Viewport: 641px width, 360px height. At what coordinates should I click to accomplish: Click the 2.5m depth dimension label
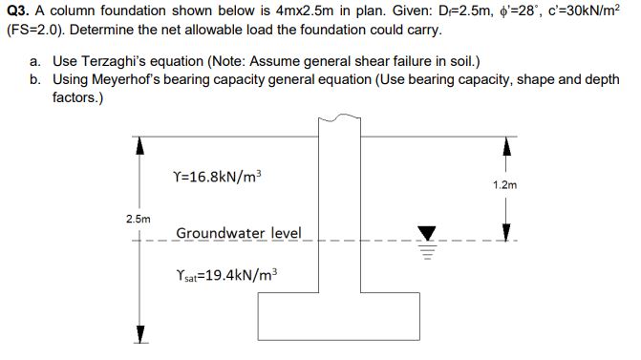click(138, 219)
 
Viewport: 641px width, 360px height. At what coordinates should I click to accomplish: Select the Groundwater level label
click(238, 233)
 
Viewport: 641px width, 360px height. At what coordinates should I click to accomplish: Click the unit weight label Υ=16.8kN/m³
click(219, 177)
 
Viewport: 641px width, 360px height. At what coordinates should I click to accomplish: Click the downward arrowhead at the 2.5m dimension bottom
click(139, 333)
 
